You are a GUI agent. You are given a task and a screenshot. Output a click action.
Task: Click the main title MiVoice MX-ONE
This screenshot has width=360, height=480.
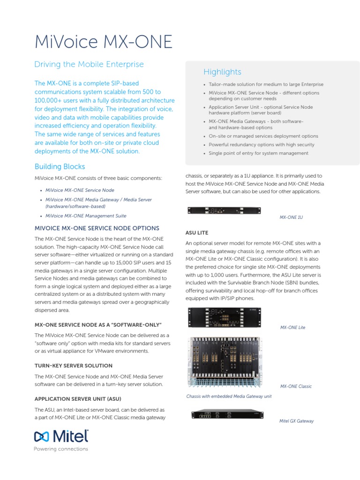(x=104, y=42)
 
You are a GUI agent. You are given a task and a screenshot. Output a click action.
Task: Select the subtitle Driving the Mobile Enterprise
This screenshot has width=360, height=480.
(x=89, y=64)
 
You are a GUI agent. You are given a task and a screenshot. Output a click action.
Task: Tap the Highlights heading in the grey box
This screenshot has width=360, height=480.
(x=222, y=72)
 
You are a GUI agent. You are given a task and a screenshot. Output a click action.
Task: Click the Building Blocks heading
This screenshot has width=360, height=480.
(x=60, y=166)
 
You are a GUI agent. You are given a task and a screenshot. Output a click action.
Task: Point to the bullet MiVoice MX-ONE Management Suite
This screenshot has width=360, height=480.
(x=85, y=216)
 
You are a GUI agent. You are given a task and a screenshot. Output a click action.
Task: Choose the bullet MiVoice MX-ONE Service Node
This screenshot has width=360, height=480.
(x=79, y=190)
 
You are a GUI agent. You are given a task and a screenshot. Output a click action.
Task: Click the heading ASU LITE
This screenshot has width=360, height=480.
(x=197, y=232)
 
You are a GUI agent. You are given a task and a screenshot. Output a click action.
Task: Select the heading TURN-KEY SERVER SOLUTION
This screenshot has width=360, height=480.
(x=74, y=366)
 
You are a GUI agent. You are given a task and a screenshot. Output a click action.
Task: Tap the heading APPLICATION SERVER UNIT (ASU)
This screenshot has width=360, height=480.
(x=78, y=399)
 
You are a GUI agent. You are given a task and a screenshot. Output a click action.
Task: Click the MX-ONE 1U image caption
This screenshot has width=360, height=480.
(x=291, y=217)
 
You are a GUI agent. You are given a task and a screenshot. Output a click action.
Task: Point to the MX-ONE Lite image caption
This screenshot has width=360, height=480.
(x=292, y=327)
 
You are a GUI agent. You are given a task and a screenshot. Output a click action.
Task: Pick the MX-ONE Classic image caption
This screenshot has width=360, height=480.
(x=296, y=386)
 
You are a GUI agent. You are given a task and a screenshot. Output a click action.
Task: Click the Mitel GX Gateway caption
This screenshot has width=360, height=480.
(x=296, y=421)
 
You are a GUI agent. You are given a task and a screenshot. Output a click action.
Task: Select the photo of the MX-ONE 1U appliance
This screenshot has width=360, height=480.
(x=225, y=211)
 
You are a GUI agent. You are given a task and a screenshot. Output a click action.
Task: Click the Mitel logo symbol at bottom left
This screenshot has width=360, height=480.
(x=41, y=437)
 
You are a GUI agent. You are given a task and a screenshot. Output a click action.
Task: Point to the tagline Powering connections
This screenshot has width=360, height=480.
(x=61, y=449)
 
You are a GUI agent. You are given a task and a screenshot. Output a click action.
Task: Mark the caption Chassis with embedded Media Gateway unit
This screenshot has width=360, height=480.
(x=229, y=397)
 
